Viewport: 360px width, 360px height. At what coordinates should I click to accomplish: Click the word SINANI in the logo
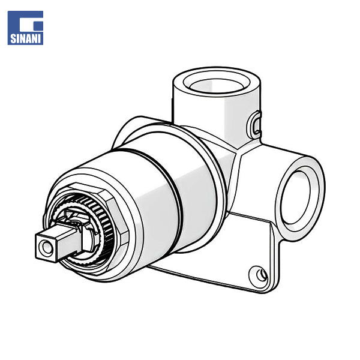point(25,38)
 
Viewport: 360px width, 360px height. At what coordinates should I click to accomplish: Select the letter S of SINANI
point(13,38)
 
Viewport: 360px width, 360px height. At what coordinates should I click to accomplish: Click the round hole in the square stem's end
point(47,247)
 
